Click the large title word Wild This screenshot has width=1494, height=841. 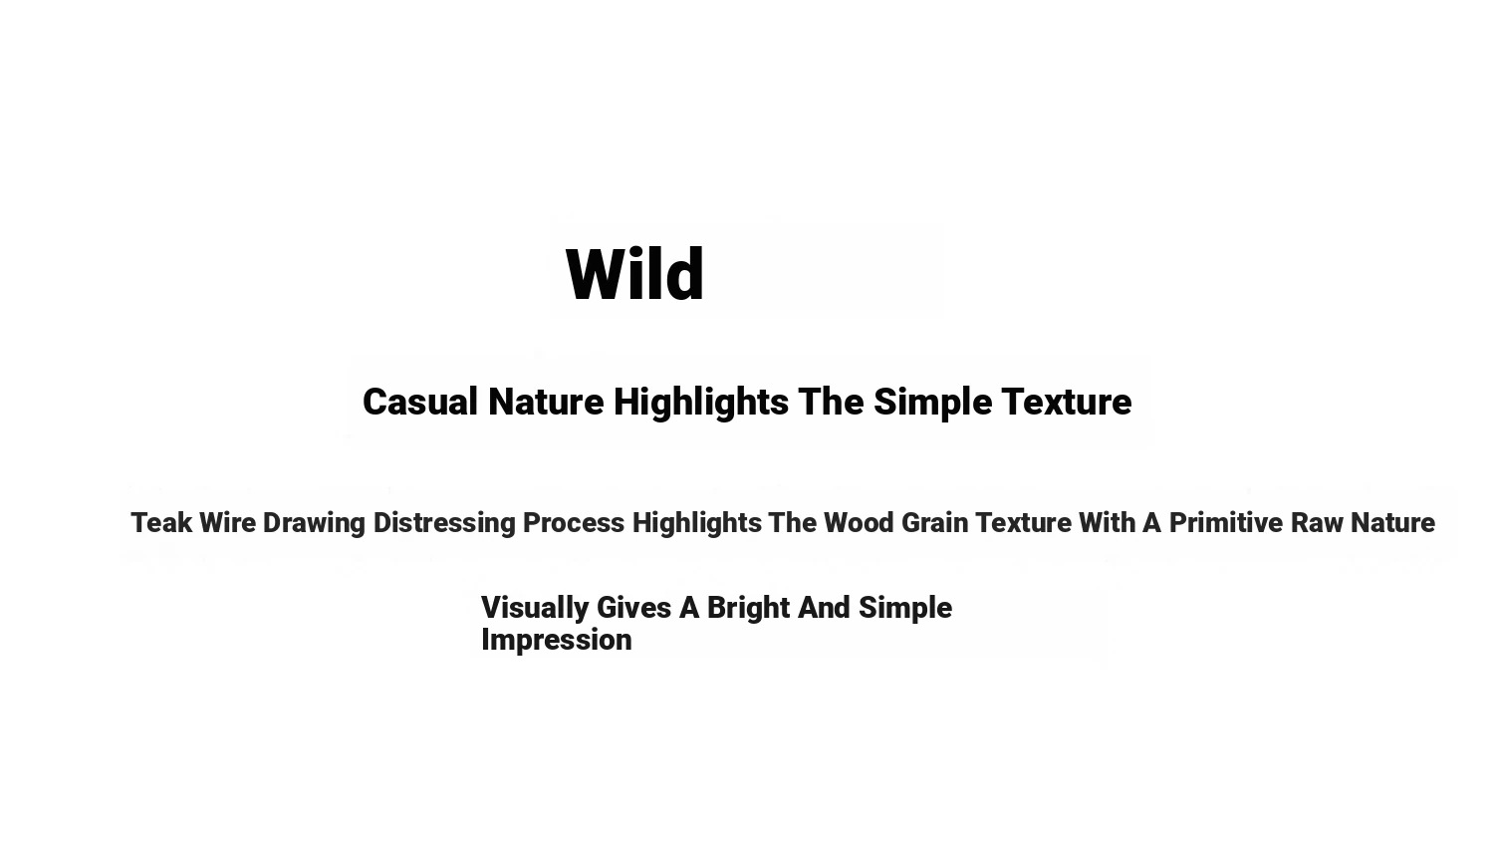[634, 274]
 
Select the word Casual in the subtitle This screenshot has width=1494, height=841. [420, 402]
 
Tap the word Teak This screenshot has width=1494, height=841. [161, 522]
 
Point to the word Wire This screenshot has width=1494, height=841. [227, 522]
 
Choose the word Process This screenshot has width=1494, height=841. [574, 522]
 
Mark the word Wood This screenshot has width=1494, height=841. [859, 522]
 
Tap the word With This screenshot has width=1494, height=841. [1108, 522]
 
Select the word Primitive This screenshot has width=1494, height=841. [1226, 522]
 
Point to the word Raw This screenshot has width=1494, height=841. [1318, 522]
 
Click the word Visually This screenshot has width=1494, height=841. [535, 609]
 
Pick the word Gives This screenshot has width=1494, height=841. [633, 608]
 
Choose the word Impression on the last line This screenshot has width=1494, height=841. [556, 641]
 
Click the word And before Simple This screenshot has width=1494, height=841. [825, 608]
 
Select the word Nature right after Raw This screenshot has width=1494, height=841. [1392, 522]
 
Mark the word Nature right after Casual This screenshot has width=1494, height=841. [546, 402]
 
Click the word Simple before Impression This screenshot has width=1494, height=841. [905, 609]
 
